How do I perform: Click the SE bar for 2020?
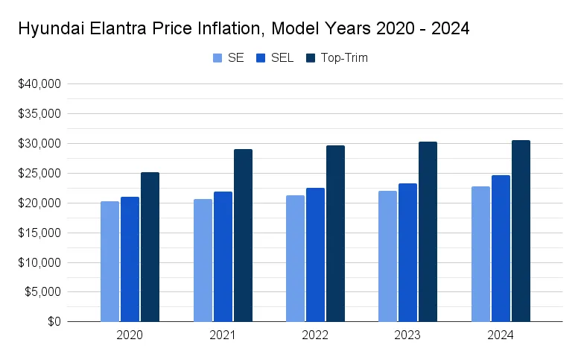109,262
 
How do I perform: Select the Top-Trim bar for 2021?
243,236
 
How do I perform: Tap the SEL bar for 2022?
315,255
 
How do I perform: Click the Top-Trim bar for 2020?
150,247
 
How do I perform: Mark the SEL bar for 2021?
223,257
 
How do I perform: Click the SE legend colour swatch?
218,58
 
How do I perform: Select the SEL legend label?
282,58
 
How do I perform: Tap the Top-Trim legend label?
344,58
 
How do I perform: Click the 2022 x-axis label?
315,336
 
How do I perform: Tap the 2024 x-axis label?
501,336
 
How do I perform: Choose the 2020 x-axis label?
130,336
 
